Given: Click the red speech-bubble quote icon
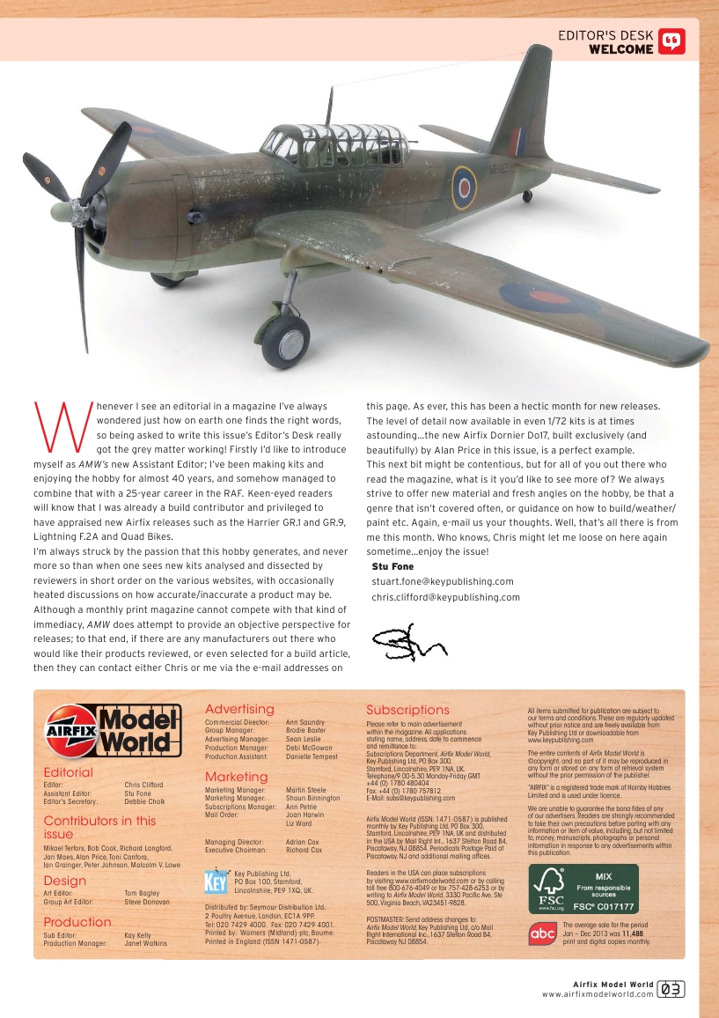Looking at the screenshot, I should pos(671,41).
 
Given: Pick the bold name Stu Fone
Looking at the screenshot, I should pos(393,566).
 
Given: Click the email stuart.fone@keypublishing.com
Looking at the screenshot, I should pos(443,581).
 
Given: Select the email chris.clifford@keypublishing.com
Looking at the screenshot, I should pos(446,597).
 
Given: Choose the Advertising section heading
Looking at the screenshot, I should pos(239,709).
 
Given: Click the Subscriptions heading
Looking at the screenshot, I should pos(407,710).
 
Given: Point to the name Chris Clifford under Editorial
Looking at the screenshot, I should pos(144,784).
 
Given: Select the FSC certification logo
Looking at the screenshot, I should pos(582,889).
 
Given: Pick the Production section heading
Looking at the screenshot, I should pos(77,922).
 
